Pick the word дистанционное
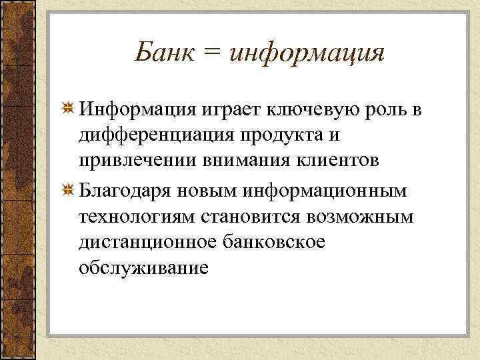tap(146, 243)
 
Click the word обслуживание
tap(143, 268)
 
